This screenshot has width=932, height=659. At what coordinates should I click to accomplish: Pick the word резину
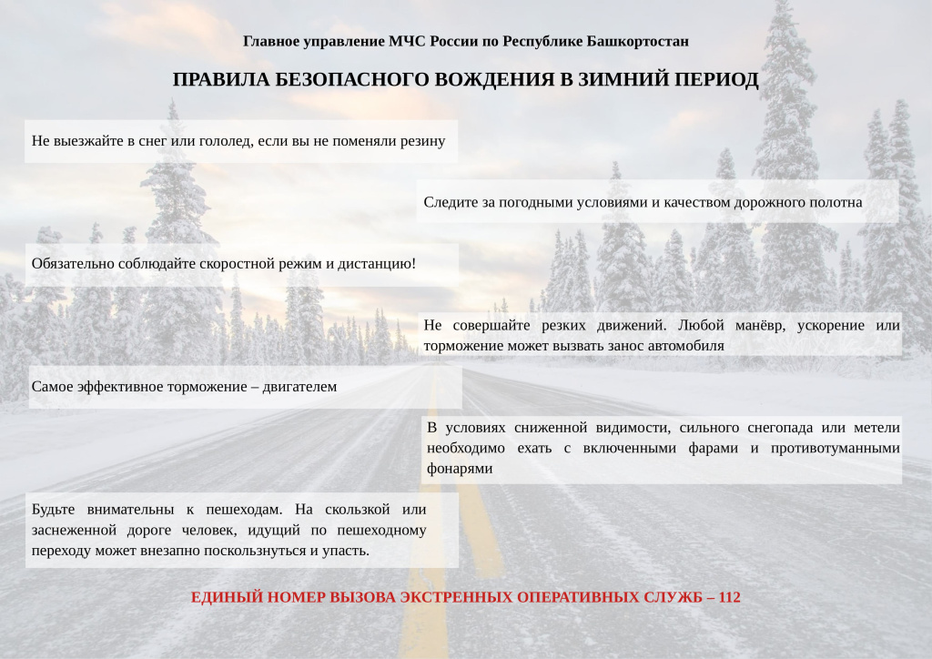coord(422,141)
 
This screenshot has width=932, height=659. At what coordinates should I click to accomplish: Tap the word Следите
coord(446,202)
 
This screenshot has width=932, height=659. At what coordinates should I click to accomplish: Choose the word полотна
coord(836,202)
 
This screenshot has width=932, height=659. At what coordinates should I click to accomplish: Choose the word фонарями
coord(460,469)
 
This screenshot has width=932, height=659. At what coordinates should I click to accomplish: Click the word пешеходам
coord(236,509)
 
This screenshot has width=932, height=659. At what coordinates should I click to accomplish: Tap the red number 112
coord(729,598)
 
